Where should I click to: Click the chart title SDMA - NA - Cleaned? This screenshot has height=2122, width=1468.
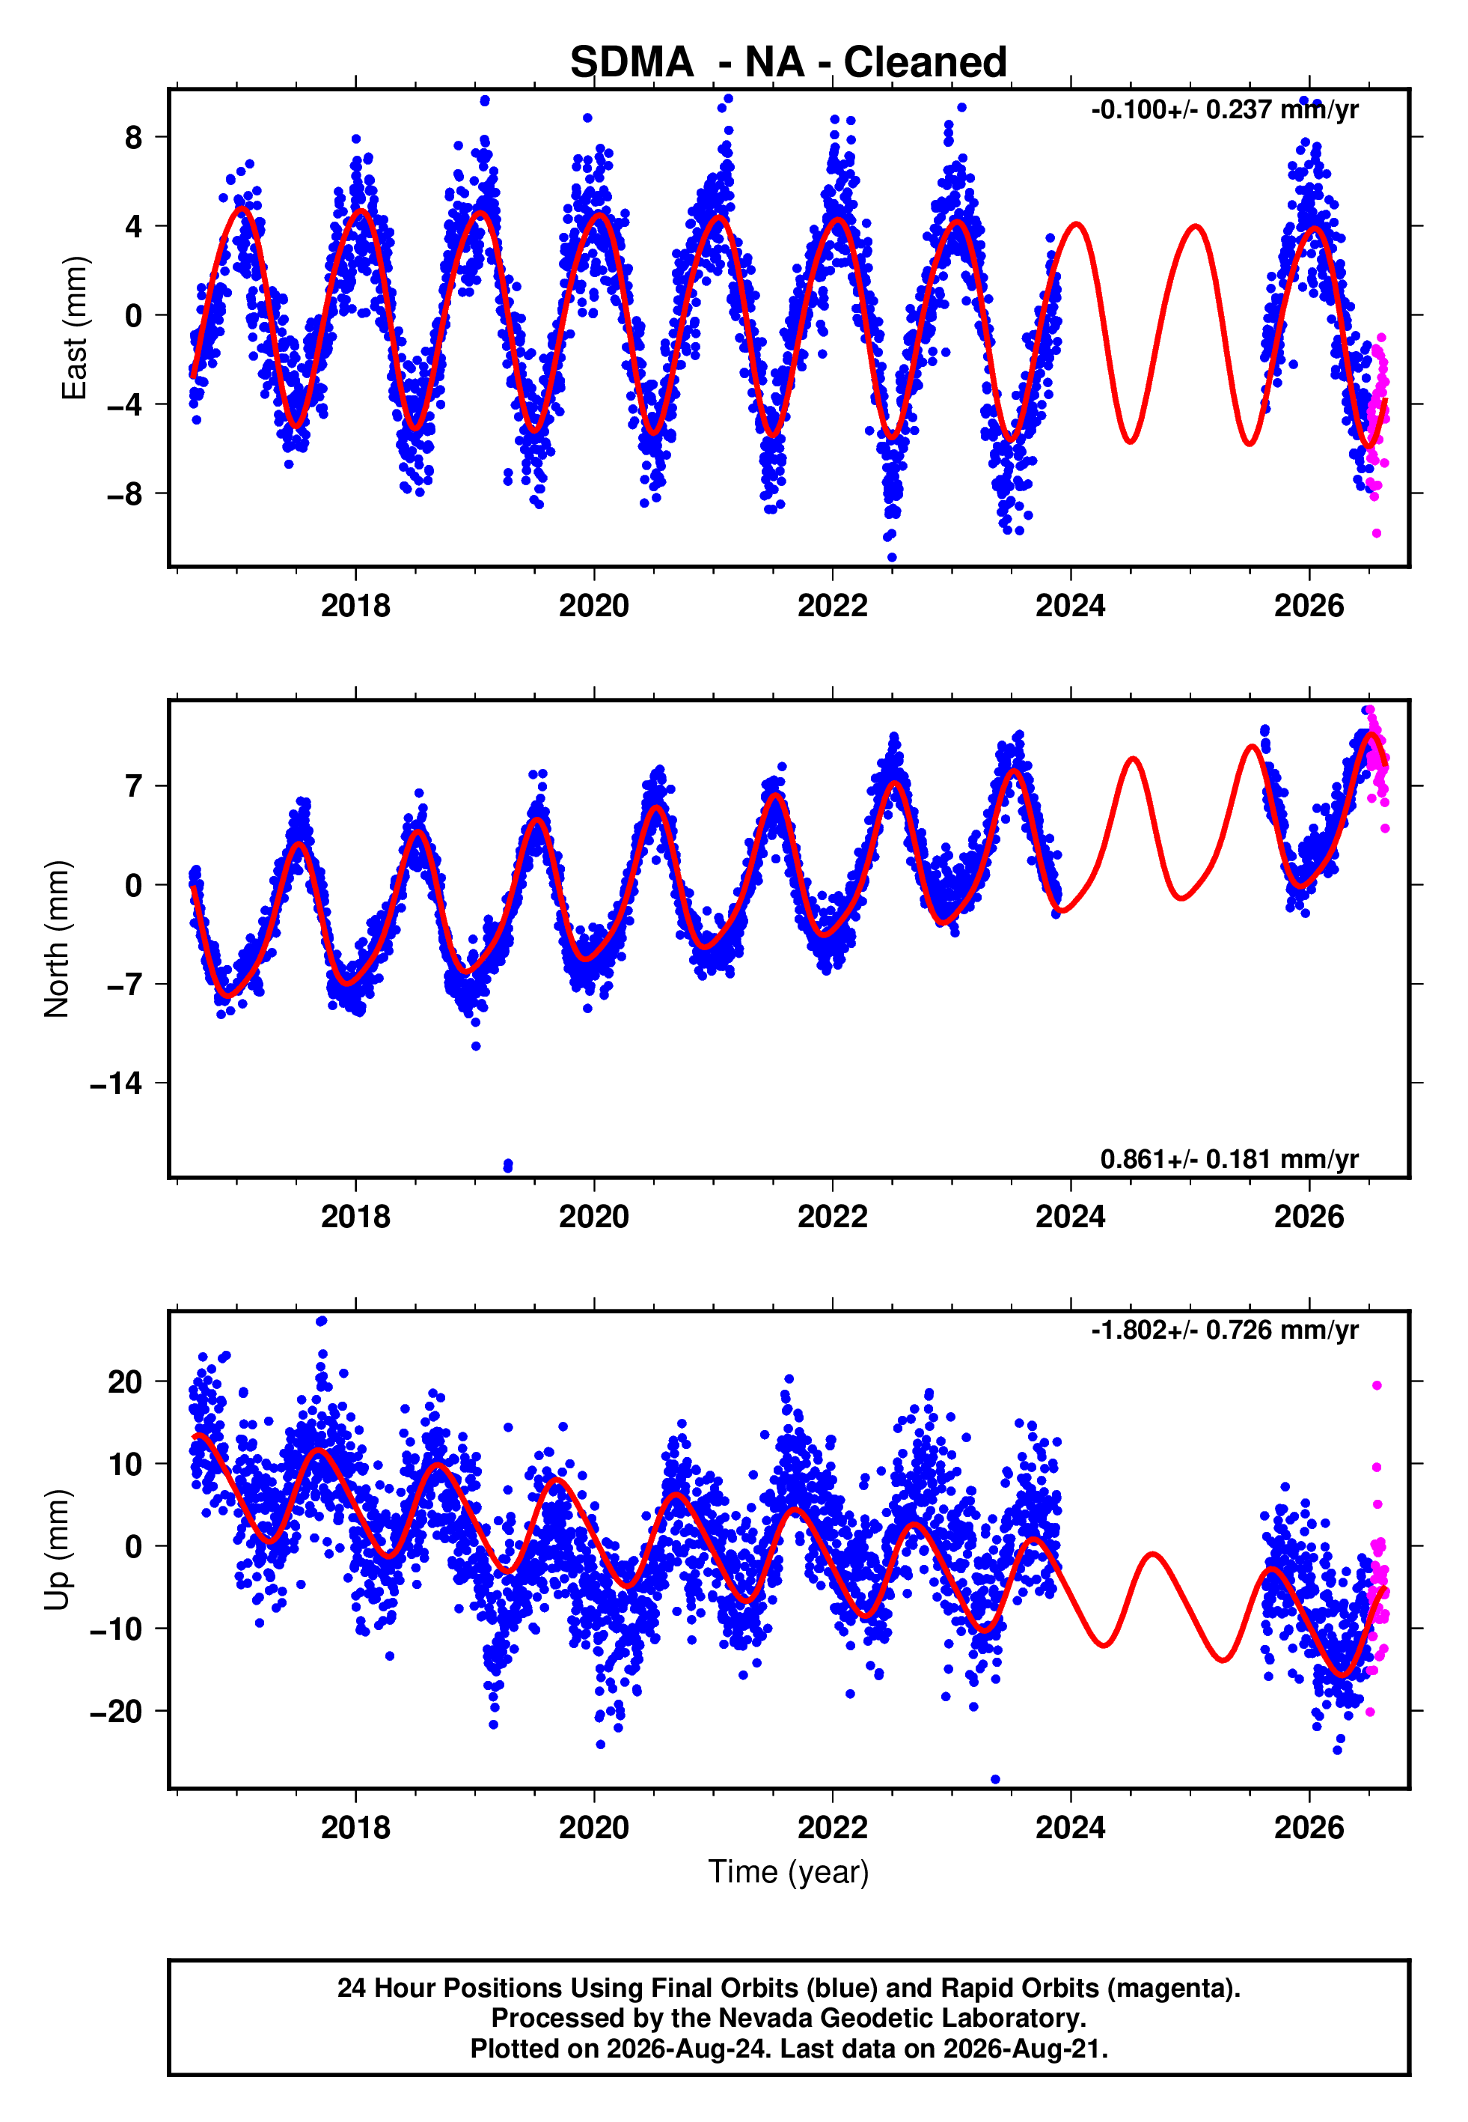click(x=789, y=63)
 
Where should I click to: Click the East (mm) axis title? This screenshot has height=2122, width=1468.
click(x=75, y=328)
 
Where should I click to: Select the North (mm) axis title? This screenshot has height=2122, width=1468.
click(x=57, y=939)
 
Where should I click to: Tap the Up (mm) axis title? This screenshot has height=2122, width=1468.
click(x=57, y=1550)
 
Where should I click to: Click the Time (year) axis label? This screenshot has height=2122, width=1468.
click(x=789, y=1873)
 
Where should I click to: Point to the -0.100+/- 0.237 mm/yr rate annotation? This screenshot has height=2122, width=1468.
click(x=1224, y=109)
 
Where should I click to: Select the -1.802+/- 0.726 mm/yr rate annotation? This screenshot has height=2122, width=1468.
click(x=1224, y=1330)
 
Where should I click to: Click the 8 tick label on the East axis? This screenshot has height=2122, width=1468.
click(x=134, y=137)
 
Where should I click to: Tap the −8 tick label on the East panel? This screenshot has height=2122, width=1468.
click(x=125, y=494)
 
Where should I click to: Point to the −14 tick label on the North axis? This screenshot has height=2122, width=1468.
click(x=117, y=1084)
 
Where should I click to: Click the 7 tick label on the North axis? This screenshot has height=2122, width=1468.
click(x=134, y=786)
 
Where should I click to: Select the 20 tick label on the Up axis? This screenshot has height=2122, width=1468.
click(x=125, y=1381)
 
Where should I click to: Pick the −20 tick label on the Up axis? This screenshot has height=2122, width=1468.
click(x=117, y=1712)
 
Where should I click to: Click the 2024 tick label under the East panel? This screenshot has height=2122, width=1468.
click(x=1071, y=606)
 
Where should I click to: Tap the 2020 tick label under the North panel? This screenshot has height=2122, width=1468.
click(x=594, y=1217)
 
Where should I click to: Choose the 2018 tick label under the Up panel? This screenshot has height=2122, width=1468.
click(x=356, y=1828)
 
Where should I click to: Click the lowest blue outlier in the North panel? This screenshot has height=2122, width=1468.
click(x=509, y=1166)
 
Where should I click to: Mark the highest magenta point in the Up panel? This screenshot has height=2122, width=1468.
click(x=1377, y=1386)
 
